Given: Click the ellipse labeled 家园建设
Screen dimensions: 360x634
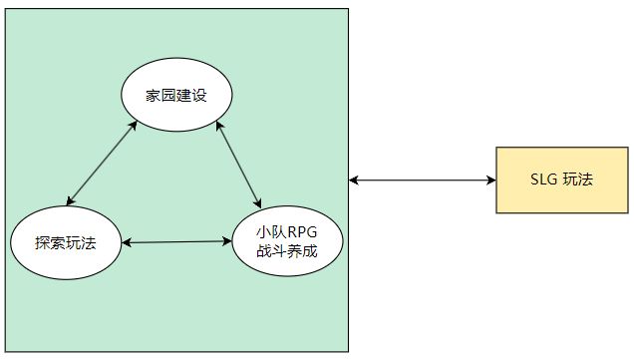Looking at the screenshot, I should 176,96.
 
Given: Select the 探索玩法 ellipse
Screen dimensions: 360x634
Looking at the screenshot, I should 66,242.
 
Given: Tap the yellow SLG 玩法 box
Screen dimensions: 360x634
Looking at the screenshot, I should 562,180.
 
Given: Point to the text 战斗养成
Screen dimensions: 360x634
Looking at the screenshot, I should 286,251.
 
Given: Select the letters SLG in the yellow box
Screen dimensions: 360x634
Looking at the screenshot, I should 544,180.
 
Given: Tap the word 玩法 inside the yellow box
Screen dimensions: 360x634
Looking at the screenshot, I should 577,180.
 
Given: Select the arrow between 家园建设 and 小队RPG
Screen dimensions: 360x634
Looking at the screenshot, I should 239,165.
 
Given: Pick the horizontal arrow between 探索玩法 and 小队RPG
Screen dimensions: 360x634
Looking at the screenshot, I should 176,241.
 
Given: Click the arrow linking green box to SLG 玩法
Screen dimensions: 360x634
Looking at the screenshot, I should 423,180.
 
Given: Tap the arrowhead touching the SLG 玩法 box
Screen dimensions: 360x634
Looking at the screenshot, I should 491,180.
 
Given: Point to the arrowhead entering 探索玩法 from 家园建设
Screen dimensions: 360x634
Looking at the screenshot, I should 71,202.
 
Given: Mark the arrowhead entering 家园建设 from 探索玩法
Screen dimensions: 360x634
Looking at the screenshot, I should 137,124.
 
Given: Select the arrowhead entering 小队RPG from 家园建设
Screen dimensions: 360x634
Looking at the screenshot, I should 259,203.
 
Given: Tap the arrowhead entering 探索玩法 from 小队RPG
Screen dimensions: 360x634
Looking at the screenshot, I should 127,242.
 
